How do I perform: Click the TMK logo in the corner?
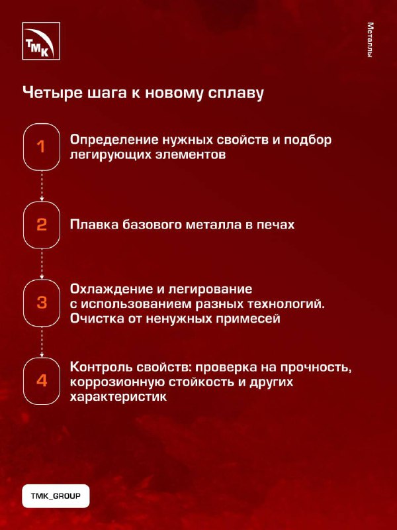[x=41, y=41]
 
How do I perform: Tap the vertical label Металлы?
[x=371, y=40]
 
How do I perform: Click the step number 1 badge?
[x=42, y=146]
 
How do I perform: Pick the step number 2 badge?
[x=42, y=225]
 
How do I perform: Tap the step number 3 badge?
[x=42, y=303]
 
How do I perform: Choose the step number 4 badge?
[x=42, y=381]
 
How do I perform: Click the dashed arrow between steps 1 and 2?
[x=42, y=186]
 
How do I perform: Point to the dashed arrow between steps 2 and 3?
[x=42, y=264]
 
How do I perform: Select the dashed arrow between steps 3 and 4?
[x=42, y=342]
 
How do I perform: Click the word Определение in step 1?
[x=114, y=140]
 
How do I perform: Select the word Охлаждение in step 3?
[x=111, y=290]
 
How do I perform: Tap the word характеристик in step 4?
[x=118, y=397]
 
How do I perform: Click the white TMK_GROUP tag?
[x=56, y=496]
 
